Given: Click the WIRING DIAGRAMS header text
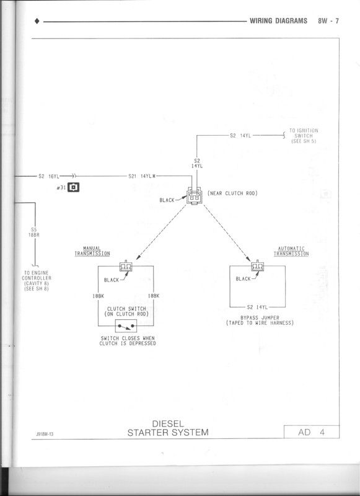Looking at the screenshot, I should [x=278, y=21].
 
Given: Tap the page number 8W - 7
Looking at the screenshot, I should [x=328, y=21].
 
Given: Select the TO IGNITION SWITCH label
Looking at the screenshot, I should [x=304, y=136].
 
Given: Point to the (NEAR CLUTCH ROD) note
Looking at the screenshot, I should [x=232, y=193].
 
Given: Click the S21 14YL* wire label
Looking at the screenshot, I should [x=142, y=176].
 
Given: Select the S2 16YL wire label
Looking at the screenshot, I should [x=48, y=176].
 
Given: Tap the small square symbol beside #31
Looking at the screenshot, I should [x=73, y=187].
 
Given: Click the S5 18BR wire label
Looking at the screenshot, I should [x=34, y=232].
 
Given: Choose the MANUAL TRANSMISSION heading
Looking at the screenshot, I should [x=92, y=251].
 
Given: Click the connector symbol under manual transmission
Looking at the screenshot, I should [x=128, y=267].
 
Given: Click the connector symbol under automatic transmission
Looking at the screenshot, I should [x=257, y=267].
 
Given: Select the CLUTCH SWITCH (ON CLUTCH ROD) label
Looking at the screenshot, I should [x=127, y=311].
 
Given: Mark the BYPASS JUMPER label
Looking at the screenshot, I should [x=259, y=321].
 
